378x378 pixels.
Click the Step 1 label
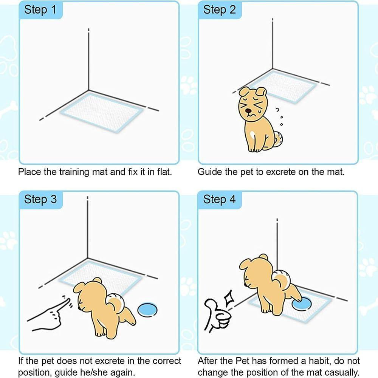[x=40, y=10]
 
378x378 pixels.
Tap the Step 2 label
[x=219, y=10]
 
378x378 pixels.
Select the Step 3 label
[x=40, y=199]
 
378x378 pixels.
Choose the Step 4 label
[x=219, y=199]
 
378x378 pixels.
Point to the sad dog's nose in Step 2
[x=249, y=112]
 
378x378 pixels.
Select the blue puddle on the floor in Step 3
[x=147, y=310]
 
